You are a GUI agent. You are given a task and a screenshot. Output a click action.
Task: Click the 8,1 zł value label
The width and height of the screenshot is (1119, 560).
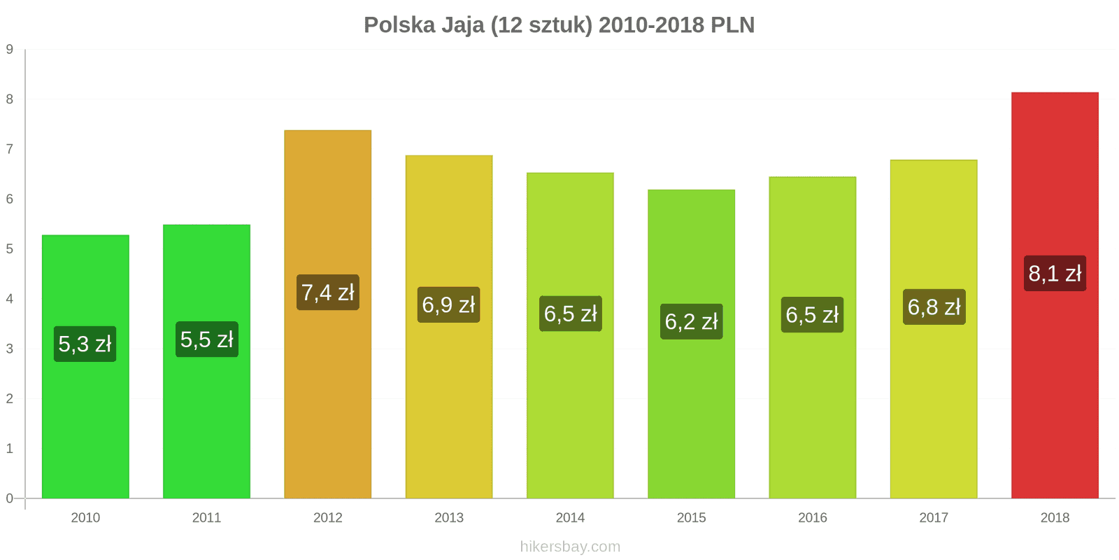coord(1055,273)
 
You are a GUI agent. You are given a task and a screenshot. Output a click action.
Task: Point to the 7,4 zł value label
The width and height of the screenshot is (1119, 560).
coord(327,292)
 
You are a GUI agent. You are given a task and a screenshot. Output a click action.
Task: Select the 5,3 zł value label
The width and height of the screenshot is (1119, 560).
coord(85,344)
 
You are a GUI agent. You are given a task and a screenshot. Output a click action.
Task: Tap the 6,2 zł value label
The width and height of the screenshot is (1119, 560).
coord(691,321)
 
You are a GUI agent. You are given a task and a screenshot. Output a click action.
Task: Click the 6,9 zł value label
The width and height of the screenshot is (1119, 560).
coord(448,304)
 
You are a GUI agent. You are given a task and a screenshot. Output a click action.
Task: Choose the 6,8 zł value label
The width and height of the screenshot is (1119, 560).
coord(934,307)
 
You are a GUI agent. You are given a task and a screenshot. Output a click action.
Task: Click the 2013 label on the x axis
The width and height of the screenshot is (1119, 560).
coord(449,518)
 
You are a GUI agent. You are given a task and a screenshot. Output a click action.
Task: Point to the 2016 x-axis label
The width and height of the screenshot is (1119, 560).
coord(813,518)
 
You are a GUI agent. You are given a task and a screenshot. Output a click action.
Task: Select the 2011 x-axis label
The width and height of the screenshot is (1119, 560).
coord(206,518)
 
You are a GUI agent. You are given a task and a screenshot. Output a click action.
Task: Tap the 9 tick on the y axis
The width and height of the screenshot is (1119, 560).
coord(10,49)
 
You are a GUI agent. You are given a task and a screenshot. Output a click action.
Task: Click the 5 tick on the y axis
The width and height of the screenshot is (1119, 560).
coord(10,249)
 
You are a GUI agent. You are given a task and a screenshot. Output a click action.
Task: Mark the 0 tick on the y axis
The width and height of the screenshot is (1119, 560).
coord(10,498)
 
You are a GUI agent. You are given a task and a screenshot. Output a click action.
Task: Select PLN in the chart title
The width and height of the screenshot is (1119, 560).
coord(732,25)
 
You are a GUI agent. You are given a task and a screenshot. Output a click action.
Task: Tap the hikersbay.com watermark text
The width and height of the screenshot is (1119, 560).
coord(570,547)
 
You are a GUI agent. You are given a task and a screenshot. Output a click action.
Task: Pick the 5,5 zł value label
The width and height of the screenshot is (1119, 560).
coord(206,339)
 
